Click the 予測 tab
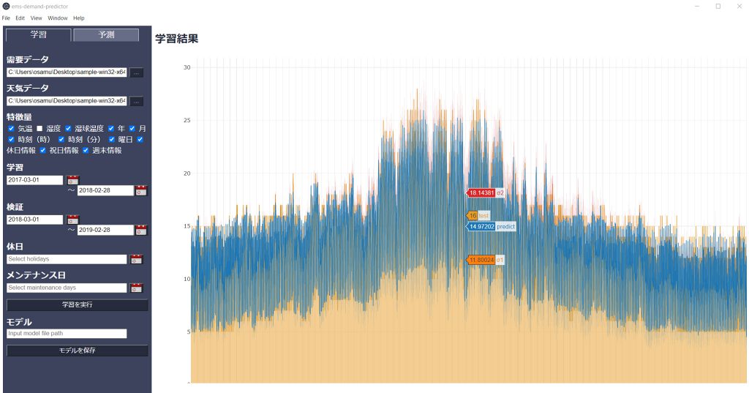[x=106, y=35]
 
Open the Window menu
[x=57, y=18]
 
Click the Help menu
[x=78, y=18]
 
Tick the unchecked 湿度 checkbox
[x=40, y=129]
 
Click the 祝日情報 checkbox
[x=43, y=150]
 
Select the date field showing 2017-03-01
[x=34, y=180]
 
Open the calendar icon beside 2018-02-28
[x=141, y=190]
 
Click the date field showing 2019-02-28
[x=105, y=230]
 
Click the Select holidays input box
[x=67, y=259]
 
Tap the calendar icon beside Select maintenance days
[x=136, y=288]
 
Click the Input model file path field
[x=67, y=334]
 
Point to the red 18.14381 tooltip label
[x=481, y=192]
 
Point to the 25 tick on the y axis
[x=187, y=120]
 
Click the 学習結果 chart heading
[x=177, y=38]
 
